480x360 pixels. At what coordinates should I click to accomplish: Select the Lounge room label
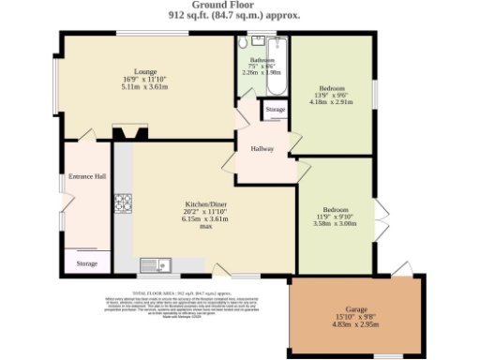pyautogui.click(x=144, y=71)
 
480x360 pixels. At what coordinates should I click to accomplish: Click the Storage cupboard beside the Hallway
pyautogui.click(x=275, y=111)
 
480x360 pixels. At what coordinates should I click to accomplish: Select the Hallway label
pyautogui.click(x=262, y=148)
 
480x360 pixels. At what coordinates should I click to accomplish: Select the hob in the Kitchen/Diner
pyautogui.click(x=123, y=202)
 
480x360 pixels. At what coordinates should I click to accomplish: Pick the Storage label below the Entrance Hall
pyautogui.click(x=86, y=264)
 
